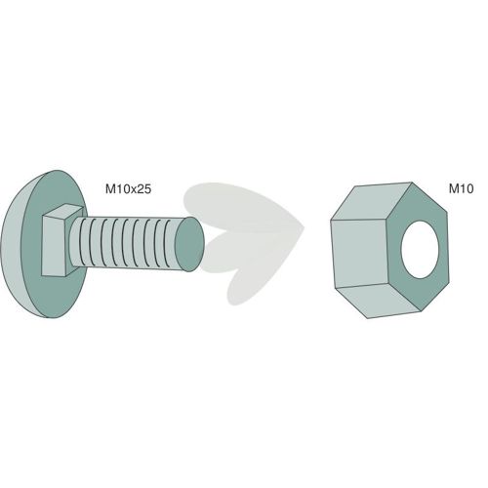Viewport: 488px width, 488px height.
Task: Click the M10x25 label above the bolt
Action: point(128,189)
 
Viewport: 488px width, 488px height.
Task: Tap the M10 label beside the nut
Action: point(461,188)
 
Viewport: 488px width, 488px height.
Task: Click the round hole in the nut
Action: point(421,250)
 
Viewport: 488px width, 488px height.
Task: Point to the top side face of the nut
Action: point(371,202)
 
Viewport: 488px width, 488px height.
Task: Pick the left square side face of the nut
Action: point(360,253)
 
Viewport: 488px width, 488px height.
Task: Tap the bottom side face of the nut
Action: point(378,300)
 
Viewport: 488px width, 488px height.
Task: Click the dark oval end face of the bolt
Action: point(189,244)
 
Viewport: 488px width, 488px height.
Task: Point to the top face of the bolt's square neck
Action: point(62,211)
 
